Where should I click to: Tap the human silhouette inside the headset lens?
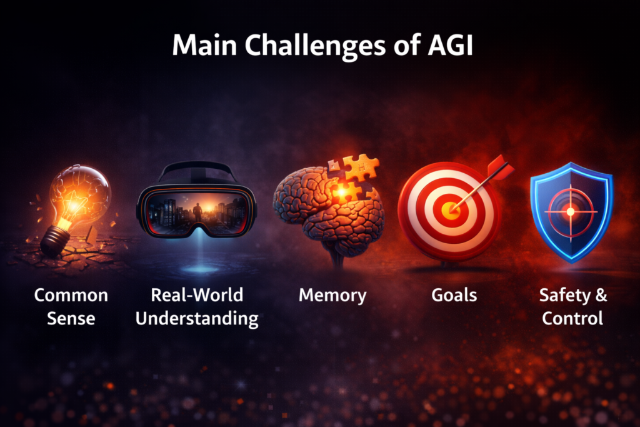[x=197, y=213]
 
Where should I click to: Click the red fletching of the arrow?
[x=500, y=167]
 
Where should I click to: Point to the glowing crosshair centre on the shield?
[x=570, y=212]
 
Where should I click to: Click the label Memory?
[x=332, y=294]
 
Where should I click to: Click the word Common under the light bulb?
[x=71, y=295]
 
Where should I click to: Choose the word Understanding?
[x=197, y=318]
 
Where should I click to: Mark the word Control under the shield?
[x=572, y=318]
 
